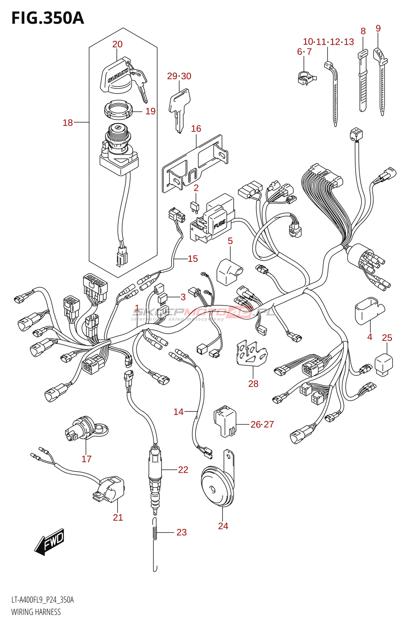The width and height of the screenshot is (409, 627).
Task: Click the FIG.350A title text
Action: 47,18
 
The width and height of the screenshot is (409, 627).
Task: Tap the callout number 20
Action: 117,44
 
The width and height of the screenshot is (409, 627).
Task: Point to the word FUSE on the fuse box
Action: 219,225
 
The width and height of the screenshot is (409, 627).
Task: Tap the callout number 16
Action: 196,129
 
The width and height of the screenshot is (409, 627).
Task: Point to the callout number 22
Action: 183,469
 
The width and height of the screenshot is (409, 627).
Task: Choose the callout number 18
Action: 68,123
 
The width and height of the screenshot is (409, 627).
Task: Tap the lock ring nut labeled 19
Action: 118,108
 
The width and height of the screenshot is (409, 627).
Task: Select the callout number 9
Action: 378,28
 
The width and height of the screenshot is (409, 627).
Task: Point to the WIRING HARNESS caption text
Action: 36,612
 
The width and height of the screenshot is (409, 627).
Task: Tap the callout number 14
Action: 178,411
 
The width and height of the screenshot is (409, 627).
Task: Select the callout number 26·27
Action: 262,424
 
